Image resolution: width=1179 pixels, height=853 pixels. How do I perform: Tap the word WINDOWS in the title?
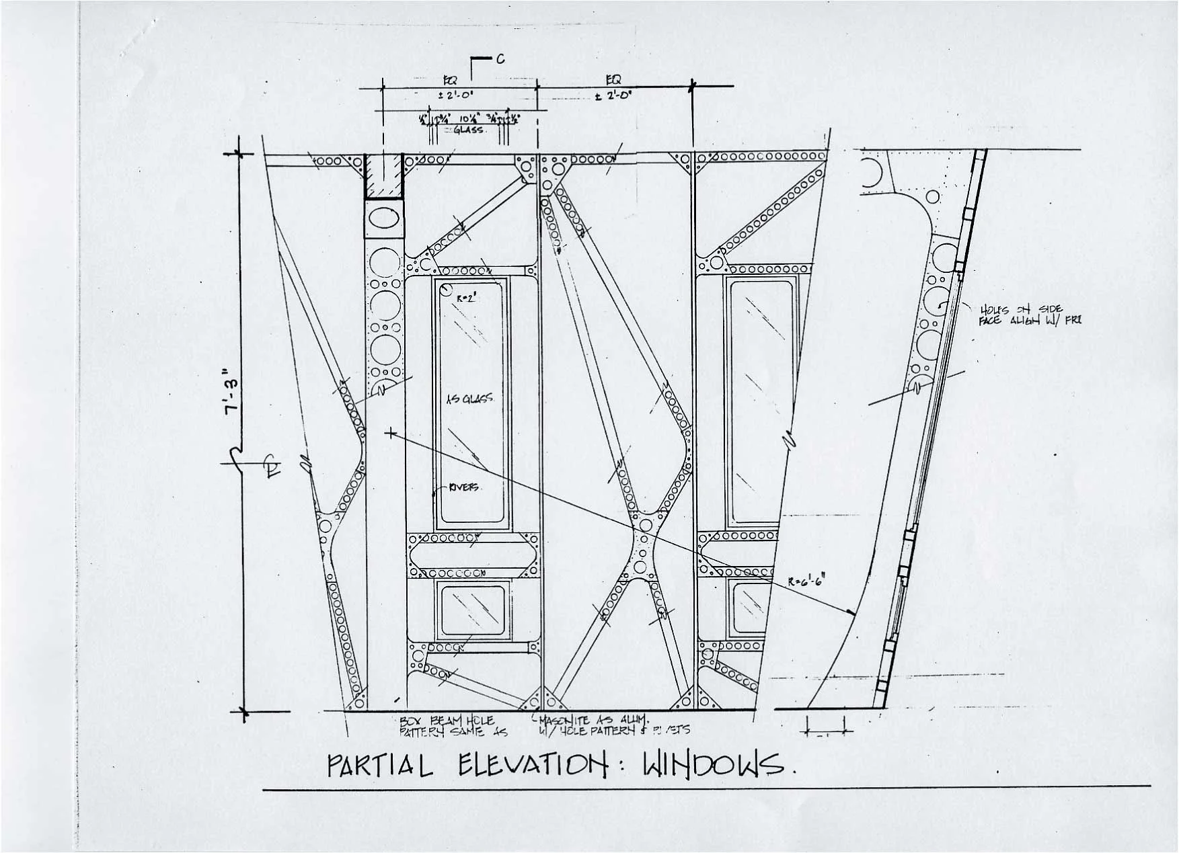pyautogui.click(x=714, y=764)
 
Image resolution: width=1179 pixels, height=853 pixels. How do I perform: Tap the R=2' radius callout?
pyautogui.click(x=466, y=296)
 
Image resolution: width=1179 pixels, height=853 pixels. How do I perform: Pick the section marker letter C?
pyautogui.click(x=500, y=59)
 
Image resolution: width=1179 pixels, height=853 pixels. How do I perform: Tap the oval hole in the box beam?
pyautogui.click(x=384, y=219)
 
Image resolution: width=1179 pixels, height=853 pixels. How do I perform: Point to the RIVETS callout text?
pyautogui.click(x=464, y=487)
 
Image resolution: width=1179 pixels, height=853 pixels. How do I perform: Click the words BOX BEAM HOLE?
pyautogui.click(x=447, y=721)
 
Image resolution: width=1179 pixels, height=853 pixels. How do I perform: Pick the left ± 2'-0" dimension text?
pyautogui.click(x=457, y=96)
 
